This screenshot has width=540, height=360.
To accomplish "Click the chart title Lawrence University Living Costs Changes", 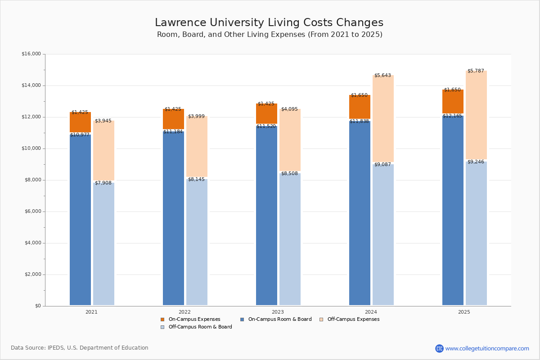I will [x=269, y=23].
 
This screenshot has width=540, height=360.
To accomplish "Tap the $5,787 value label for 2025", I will [x=476, y=71].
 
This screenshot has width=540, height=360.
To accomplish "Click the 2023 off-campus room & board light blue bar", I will [x=290, y=238].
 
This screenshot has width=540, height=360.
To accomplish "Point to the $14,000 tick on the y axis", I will [x=31, y=85].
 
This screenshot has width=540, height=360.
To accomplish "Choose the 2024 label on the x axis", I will [x=371, y=312].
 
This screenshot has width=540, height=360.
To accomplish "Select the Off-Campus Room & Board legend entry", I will [x=200, y=327].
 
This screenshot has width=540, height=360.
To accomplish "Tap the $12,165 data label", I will [x=452, y=116].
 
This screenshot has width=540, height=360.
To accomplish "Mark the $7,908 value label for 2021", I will [x=103, y=183].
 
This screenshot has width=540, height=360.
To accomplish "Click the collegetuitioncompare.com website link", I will [x=487, y=348].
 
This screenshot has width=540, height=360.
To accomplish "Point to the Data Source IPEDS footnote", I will [x=80, y=348].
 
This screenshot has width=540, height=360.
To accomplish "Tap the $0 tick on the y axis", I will [x=37, y=306].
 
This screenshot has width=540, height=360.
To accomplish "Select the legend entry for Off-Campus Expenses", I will [x=353, y=319].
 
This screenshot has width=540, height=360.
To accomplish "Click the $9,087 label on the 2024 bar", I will [x=382, y=165].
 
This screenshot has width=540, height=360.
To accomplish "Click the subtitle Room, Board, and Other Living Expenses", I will [x=270, y=35].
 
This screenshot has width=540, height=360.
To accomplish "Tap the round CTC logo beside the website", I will [x=439, y=348].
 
